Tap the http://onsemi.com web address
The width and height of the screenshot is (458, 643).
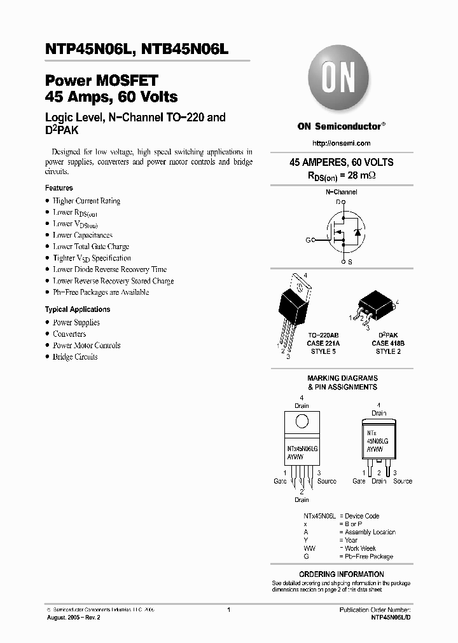pos(342,144)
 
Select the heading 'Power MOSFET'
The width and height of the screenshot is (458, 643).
pos(101,81)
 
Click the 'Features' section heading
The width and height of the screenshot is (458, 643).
pos(59,188)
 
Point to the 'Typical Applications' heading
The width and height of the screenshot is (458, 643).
pos(77,309)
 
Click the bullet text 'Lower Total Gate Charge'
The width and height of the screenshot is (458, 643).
pos(91,247)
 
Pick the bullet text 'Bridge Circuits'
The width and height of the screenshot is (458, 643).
pos(75,357)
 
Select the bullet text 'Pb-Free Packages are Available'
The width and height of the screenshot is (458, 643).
pos(101,292)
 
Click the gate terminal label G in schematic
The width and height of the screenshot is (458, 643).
pos(308,240)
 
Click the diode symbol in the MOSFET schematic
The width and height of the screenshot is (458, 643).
pos(357,233)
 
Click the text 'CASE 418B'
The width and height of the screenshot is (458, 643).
pos(387,343)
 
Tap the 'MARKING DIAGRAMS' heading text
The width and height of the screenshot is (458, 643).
pos(342,378)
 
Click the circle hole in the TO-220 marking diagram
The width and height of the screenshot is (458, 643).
pos(302,421)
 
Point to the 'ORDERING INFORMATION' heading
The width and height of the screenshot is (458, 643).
pos(342,574)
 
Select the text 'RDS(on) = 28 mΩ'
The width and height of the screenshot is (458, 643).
pos(342,174)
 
